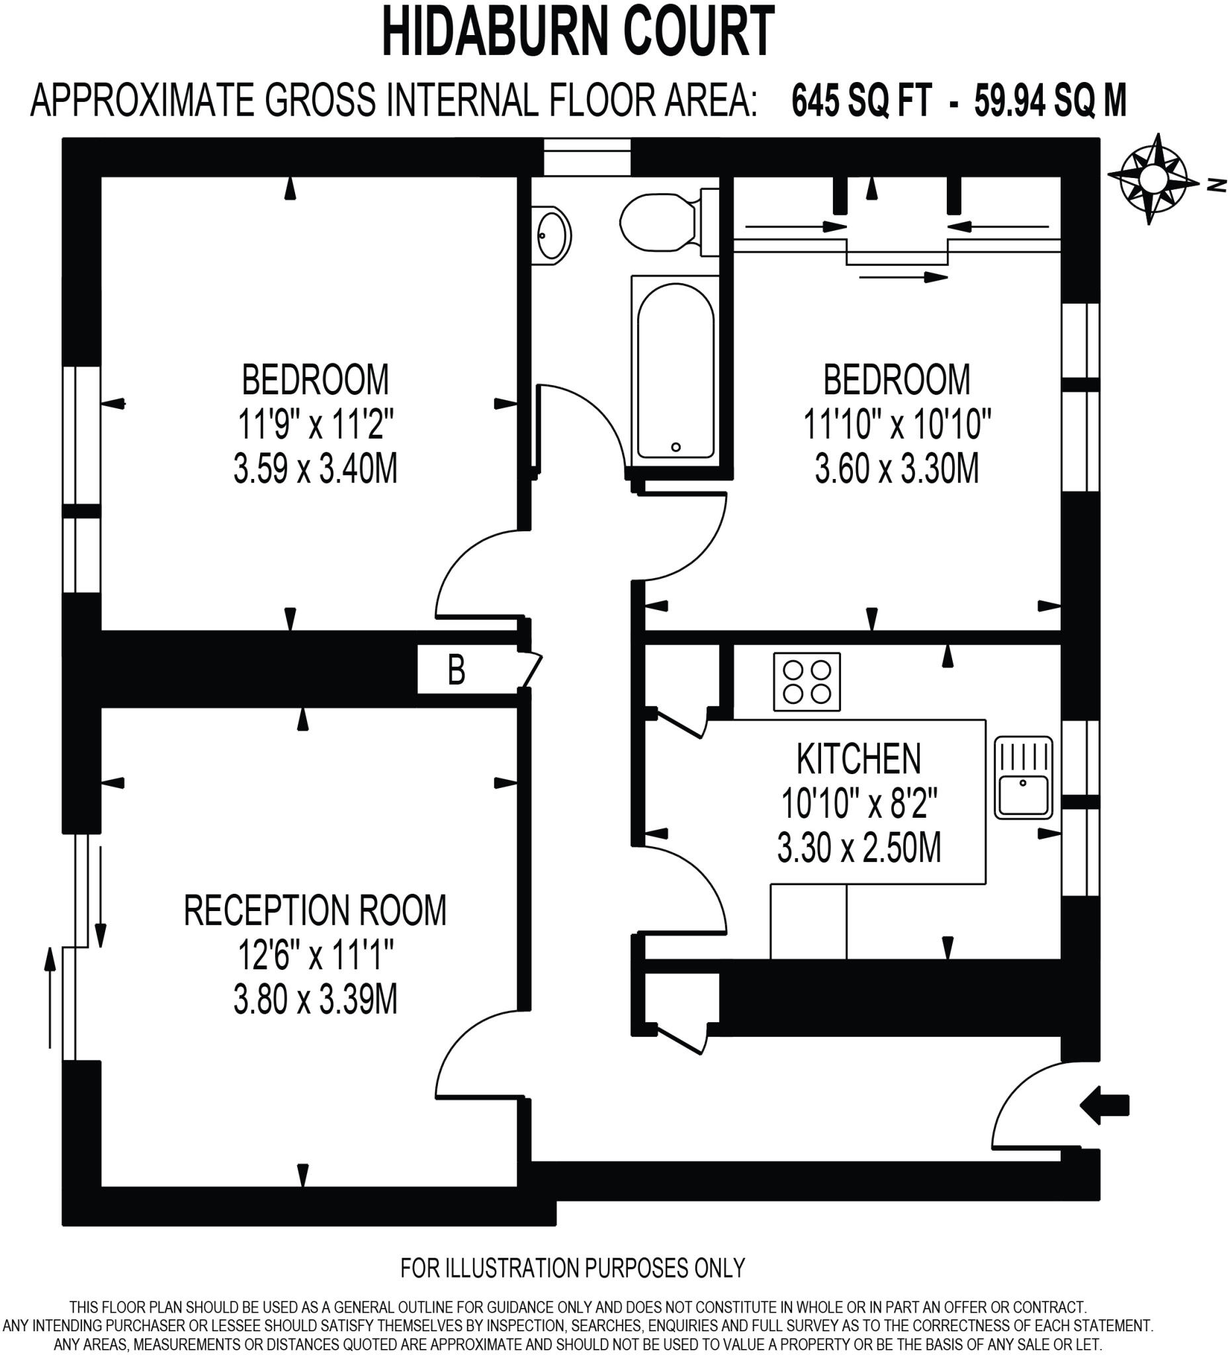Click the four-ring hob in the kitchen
[x=807, y=681]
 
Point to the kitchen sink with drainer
[x=1023, y=777]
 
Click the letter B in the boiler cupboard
[x=457, y=670]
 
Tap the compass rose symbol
[x=1153, y=179]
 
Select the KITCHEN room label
[x=858, y=760]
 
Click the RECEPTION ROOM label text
[x=314, y=911]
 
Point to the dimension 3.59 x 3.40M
[x=315, y=468]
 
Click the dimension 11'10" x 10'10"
[x=897, y=424]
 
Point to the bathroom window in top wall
[x=587, y=157]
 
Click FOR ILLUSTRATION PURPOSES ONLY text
[x=573, y=1268]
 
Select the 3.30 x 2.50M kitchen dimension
[x=859, y=848]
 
